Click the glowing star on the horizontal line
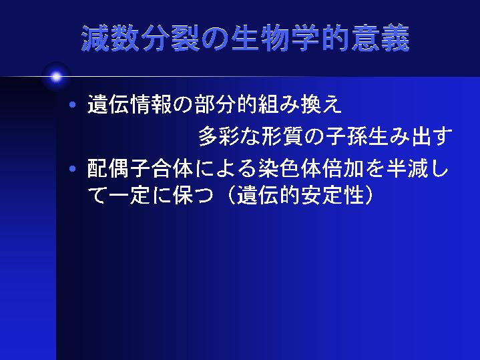(56, 77)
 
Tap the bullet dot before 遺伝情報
(73, 105)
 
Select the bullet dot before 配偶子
(73, 168)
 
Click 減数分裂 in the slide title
(140, 38)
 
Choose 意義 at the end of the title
(380, 38)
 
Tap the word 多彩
(219, 136)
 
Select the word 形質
(282, 136)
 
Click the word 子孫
(346, 136)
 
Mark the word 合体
(172, 168)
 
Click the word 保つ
(193, 195)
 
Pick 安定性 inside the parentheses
(332, 195)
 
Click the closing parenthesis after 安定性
(369, 195)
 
